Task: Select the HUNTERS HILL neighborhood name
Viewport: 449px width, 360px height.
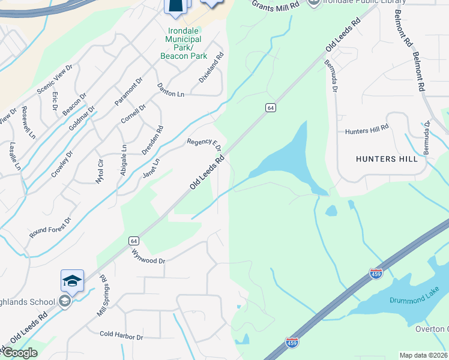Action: click(x=387, y=159)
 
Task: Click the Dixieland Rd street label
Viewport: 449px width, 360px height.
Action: click(x=211, y=67)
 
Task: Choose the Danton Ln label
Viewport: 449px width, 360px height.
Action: click(x=170, y=91)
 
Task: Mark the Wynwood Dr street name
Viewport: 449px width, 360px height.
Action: click(x=148, y=255)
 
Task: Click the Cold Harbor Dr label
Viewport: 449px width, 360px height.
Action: click(x=121, y=336)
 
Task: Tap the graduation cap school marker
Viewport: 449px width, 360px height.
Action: click(x=71, y=281)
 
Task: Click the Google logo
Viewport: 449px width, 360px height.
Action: click(x=19, y=353)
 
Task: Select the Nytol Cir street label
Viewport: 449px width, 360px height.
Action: click(x=100, y=171)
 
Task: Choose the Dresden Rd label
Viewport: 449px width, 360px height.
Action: click(x=152, y=140)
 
